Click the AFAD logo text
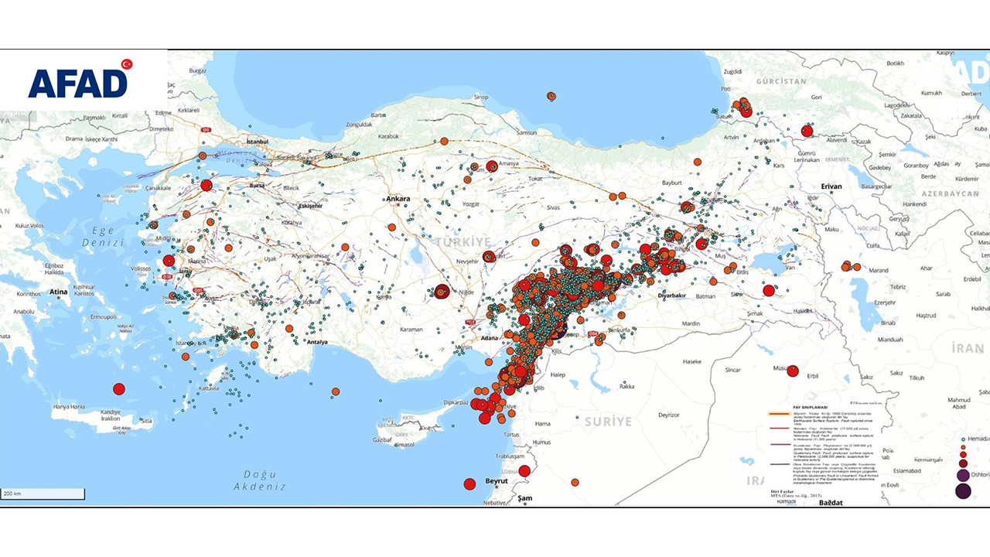coord(77,84)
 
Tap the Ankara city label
coord(398,199)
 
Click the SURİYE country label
coord(608,422)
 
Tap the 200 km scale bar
coord(43,494)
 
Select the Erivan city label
coord(831,186)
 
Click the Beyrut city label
coord(496,480)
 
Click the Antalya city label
coord(317,341)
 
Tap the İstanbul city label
coord(256,142)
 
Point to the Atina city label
coord(59,292)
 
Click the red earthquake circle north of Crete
coord(118,389)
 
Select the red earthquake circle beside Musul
coord(793,371)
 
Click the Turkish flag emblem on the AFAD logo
coord(126,64)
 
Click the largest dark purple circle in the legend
coord(963,490)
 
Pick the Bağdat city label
coord(831,502)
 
